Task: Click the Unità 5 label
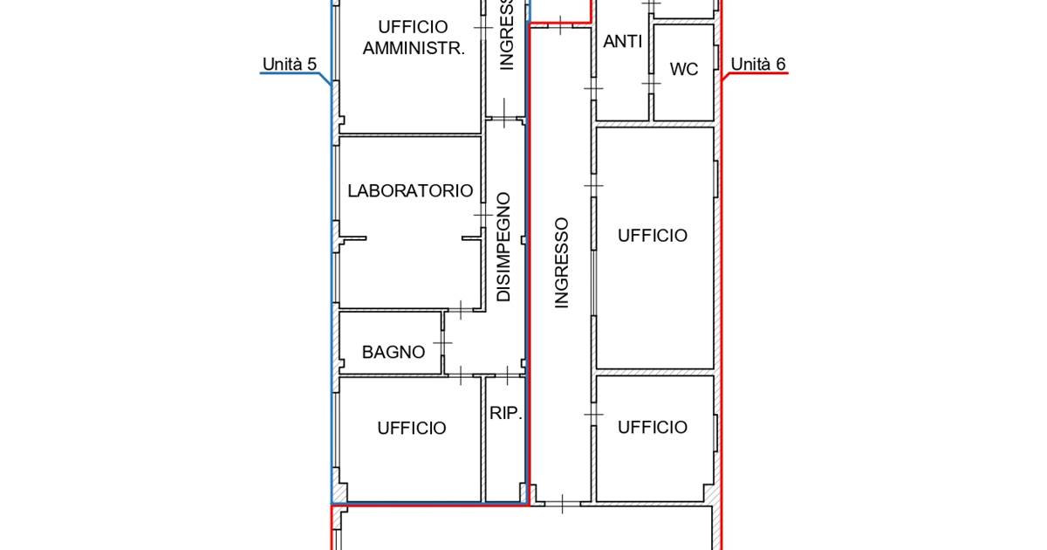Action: click(290, 64)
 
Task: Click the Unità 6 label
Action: click(757, 64)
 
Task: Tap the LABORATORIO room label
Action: click(410, 191)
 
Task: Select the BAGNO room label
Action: click(393, 352)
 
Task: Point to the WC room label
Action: click(684, 69)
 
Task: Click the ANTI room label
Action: click(622, 42)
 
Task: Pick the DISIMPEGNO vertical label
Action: click(503, 247)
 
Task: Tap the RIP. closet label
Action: click(505, 413)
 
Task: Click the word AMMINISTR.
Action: click(414, 48)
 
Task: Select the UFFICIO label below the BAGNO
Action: click(411, 429)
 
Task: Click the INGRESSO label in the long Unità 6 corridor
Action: click(561, 263)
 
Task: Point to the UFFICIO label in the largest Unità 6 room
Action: click(653, 236)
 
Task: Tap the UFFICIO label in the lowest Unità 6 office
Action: click(653, 427)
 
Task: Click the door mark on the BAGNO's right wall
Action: click(442, 343)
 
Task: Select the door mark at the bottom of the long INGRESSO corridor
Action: click(562, 505)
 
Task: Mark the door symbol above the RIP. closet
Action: click(507, 375)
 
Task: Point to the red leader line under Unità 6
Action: click(755, 75)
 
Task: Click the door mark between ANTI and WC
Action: click(651, 84)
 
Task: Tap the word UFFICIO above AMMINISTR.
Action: click(413, 27)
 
